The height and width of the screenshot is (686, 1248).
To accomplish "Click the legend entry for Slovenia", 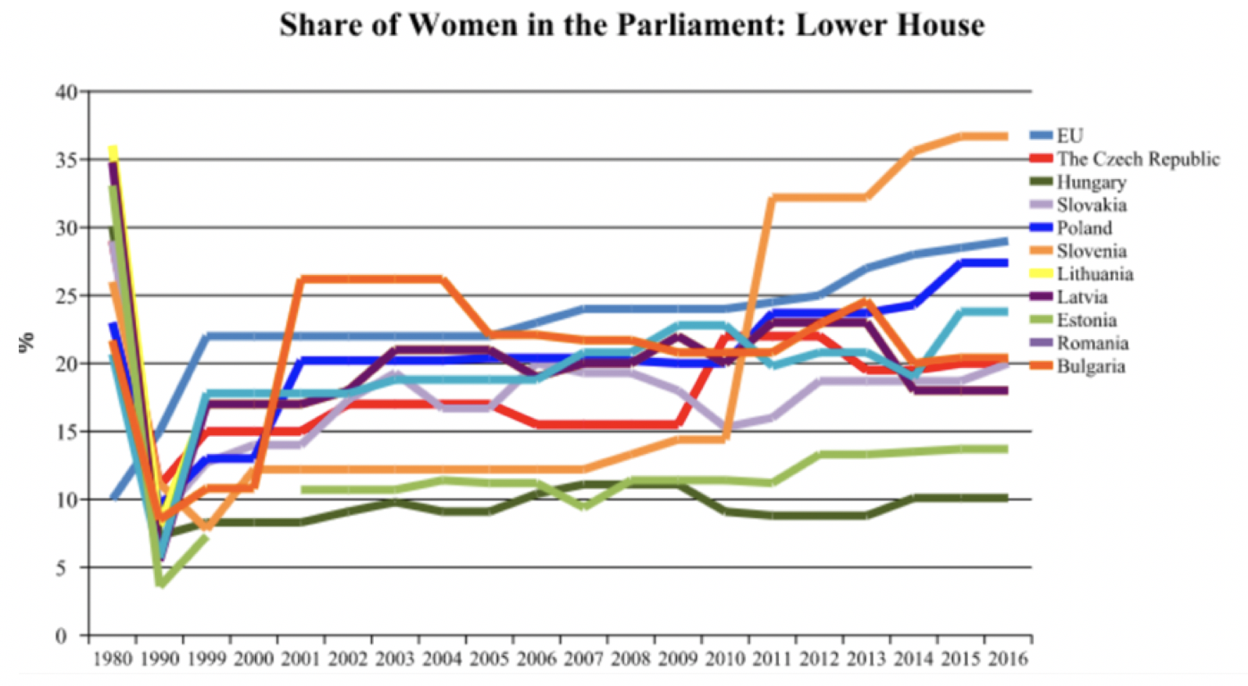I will [x=1092, y=251].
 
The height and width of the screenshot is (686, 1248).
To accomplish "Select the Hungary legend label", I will [x=1092, y=182].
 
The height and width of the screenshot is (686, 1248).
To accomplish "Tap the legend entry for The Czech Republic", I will [x=1138, y=159].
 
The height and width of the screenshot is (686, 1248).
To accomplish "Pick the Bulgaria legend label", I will [x=1091, y=366].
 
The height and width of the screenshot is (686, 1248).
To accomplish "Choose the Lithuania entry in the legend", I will [x=1095, y=273].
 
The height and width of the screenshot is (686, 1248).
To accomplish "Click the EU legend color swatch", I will [x=1042, y=136].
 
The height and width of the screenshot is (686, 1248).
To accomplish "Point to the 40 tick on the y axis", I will [x=67, y=92].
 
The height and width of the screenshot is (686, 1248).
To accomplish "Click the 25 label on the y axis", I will [x=67, y=296].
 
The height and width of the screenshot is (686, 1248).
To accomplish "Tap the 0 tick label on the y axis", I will [x=61, y=635].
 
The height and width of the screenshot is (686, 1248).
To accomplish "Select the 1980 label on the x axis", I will [x=113, y=659].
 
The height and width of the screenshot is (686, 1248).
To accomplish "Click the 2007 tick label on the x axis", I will [x=583, y=659].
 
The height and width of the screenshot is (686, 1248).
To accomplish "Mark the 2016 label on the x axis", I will [x=1008, y=659].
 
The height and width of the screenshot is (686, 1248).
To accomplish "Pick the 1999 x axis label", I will [x=206, y=659].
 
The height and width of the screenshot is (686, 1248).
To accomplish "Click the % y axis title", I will [x=27, y=341].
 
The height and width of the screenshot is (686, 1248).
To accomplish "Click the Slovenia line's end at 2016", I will [x=1006, y=137].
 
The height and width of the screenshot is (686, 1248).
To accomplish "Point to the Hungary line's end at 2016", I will [x=1006, y=498].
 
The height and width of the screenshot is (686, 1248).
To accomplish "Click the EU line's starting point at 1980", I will [x=113, y=498].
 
